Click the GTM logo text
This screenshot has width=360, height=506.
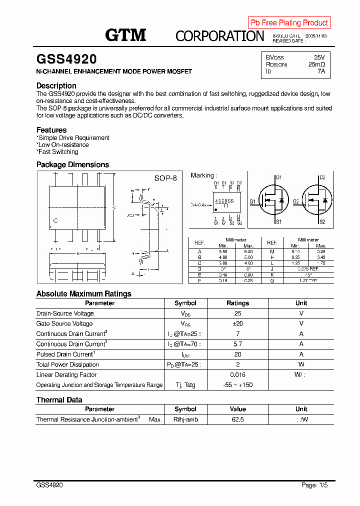click(125, 35)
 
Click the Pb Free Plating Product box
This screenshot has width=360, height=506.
click(289, 22)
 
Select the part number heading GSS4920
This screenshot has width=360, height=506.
click(66, 59)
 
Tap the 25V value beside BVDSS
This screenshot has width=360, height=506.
click(319, 57)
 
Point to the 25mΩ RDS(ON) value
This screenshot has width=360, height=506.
click(316, 64)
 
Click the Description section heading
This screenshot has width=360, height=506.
click(56, 85)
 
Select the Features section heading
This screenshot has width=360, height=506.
click(51, 130)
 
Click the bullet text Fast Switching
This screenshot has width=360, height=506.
click(58, 152)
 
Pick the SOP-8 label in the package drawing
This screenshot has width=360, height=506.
click(165, 178)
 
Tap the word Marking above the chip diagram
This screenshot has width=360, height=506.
click(202, 175)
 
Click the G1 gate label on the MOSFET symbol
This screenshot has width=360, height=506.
click(253, 201)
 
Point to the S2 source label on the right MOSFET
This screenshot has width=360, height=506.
click(322, 221)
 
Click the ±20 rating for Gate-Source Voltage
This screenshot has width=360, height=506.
click(237, 323)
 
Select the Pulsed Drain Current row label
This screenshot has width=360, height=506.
click(65, 354)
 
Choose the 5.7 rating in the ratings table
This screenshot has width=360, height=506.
click(237, 344)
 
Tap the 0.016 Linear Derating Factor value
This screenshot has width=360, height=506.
click(237, 374)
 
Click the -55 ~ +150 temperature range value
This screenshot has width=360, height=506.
click(237, 385)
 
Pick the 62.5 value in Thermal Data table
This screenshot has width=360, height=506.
click(237, 419)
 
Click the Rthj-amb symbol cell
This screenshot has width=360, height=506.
click(185, 419)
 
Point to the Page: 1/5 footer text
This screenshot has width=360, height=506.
click(314, 485)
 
